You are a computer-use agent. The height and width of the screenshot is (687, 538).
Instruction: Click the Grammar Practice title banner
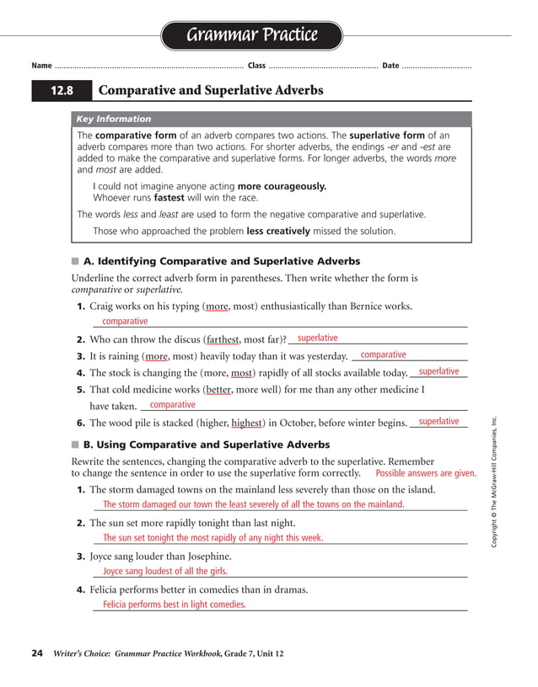(251, 35)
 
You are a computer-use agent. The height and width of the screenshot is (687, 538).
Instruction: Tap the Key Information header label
(114, 120)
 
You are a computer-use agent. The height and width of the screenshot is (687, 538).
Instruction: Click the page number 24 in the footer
(37, 653)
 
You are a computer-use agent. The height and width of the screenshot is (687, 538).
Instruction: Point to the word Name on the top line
(41, 66)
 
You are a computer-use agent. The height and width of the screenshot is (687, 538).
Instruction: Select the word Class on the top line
(256, 66)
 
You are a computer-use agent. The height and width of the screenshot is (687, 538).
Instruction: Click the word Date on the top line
(390, 66)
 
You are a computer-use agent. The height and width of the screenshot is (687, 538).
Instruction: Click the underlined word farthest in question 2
(223, 340)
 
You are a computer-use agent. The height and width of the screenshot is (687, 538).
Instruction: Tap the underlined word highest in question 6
(247, 423)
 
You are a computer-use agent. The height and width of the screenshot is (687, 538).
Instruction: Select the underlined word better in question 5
(218, 390)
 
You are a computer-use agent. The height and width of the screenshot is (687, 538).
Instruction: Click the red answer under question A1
(125, 322)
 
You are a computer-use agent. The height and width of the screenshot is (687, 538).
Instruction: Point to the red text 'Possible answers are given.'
(426, 473)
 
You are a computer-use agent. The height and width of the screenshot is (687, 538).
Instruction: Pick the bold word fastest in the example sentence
(169, 199)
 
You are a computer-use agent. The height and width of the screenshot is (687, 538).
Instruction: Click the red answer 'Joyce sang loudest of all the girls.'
(165, 571)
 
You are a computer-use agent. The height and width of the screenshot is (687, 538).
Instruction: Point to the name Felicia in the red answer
(119, 604)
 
